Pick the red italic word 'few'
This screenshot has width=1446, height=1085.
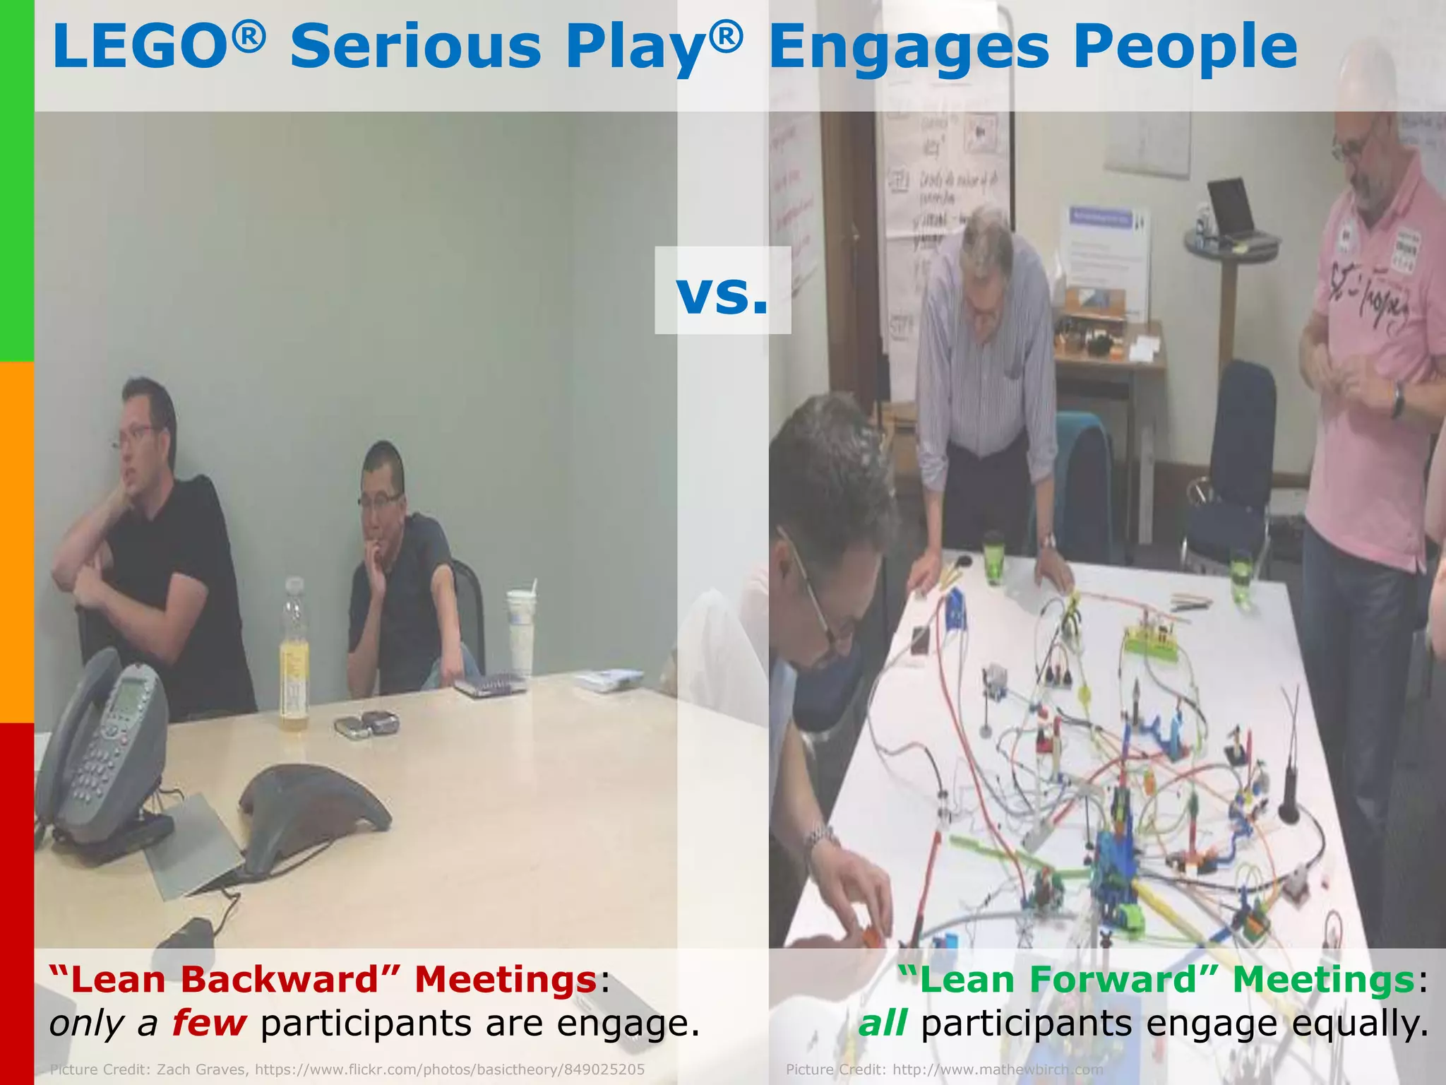pos(209,1024)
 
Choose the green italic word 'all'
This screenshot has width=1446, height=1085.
pos(882,1024)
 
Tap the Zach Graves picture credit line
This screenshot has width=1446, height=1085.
pos(347,1069)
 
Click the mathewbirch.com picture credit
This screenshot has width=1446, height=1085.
pos(944,1069)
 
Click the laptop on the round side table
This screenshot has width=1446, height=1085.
pos(1232,208)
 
